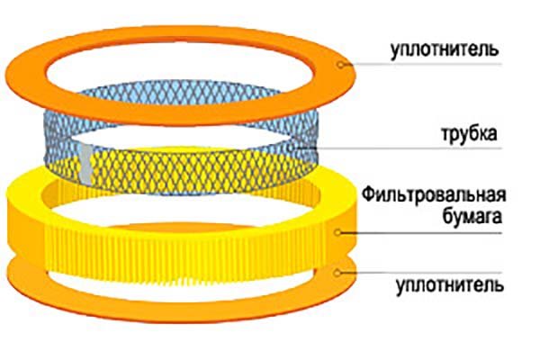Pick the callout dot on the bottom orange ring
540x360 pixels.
coord(339,269)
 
